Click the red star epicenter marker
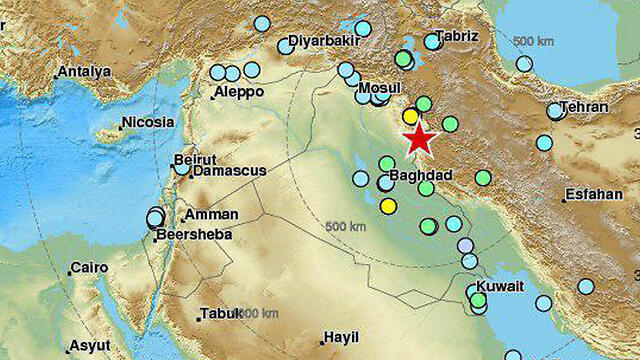coord(419,139)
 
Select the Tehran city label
coord(585,107)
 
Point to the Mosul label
coord(380,86)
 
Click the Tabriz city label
coord(457,36)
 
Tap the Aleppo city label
coord(239,91)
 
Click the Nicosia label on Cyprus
coord(148,123)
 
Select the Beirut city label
coord(195,159)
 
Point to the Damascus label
coord(229,171)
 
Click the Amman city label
coord(212,214)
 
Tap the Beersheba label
coord(194,234)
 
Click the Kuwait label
coord(502,286)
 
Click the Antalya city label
coord(84,71)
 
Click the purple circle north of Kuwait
coord(465,245)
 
